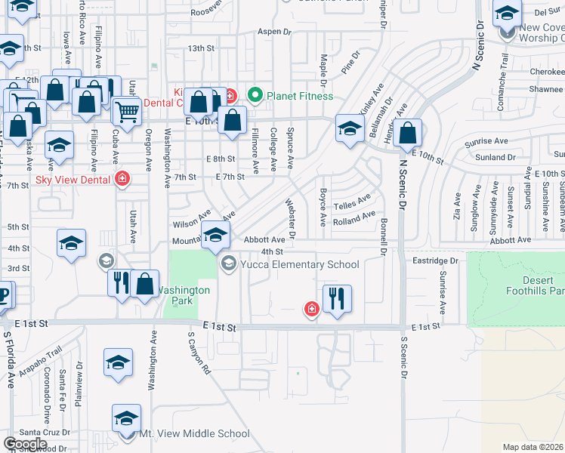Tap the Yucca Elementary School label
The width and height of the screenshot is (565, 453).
coord(300,264)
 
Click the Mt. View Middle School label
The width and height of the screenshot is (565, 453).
coord(194,433)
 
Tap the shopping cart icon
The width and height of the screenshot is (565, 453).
coord(127,112)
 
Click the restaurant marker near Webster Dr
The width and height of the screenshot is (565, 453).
coord(337,297)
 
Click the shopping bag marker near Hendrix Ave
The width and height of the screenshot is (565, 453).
coord(407,133)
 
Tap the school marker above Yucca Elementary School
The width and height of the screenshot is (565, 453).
coord(215,235)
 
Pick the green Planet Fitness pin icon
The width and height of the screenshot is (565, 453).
coord(255,96)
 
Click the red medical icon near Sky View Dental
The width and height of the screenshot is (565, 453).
coord(122,180)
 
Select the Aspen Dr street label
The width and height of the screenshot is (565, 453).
coord(274,32)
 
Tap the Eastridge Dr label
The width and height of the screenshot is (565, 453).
coord(437,260)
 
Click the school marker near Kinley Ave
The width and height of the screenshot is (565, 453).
coord(350,128)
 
